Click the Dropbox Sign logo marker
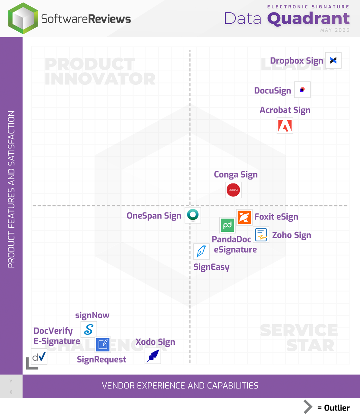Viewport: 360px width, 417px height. click(333, 61)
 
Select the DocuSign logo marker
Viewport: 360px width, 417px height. click(302, 90)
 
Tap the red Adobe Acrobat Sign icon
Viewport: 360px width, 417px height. click(285, 126)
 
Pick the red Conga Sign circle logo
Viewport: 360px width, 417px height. click(233, 190)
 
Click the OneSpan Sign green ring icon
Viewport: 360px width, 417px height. click(193, 215)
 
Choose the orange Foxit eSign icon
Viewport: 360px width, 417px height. click(244, 217)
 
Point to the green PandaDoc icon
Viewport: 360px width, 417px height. click(227, 225)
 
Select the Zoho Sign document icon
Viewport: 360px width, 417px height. click(261, 235)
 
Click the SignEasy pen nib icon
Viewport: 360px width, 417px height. click(202, 252)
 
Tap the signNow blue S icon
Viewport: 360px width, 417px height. click(89, 329)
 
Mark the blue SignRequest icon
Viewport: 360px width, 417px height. click(103, 345)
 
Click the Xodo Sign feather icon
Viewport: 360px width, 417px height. click(153, 356)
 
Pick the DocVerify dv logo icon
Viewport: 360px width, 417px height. click(39, 356)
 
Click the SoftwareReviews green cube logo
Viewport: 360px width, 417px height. click(23, 18)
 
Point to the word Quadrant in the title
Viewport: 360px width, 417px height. click(308, 19)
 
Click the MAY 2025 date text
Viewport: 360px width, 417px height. click(334, 30)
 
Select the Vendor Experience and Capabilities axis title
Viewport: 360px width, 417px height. click(180, 386)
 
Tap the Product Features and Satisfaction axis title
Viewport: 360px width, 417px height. click(11, 189)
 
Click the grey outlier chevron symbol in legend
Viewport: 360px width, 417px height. click(308, 407)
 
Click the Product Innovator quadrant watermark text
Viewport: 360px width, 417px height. click(100, 72)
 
